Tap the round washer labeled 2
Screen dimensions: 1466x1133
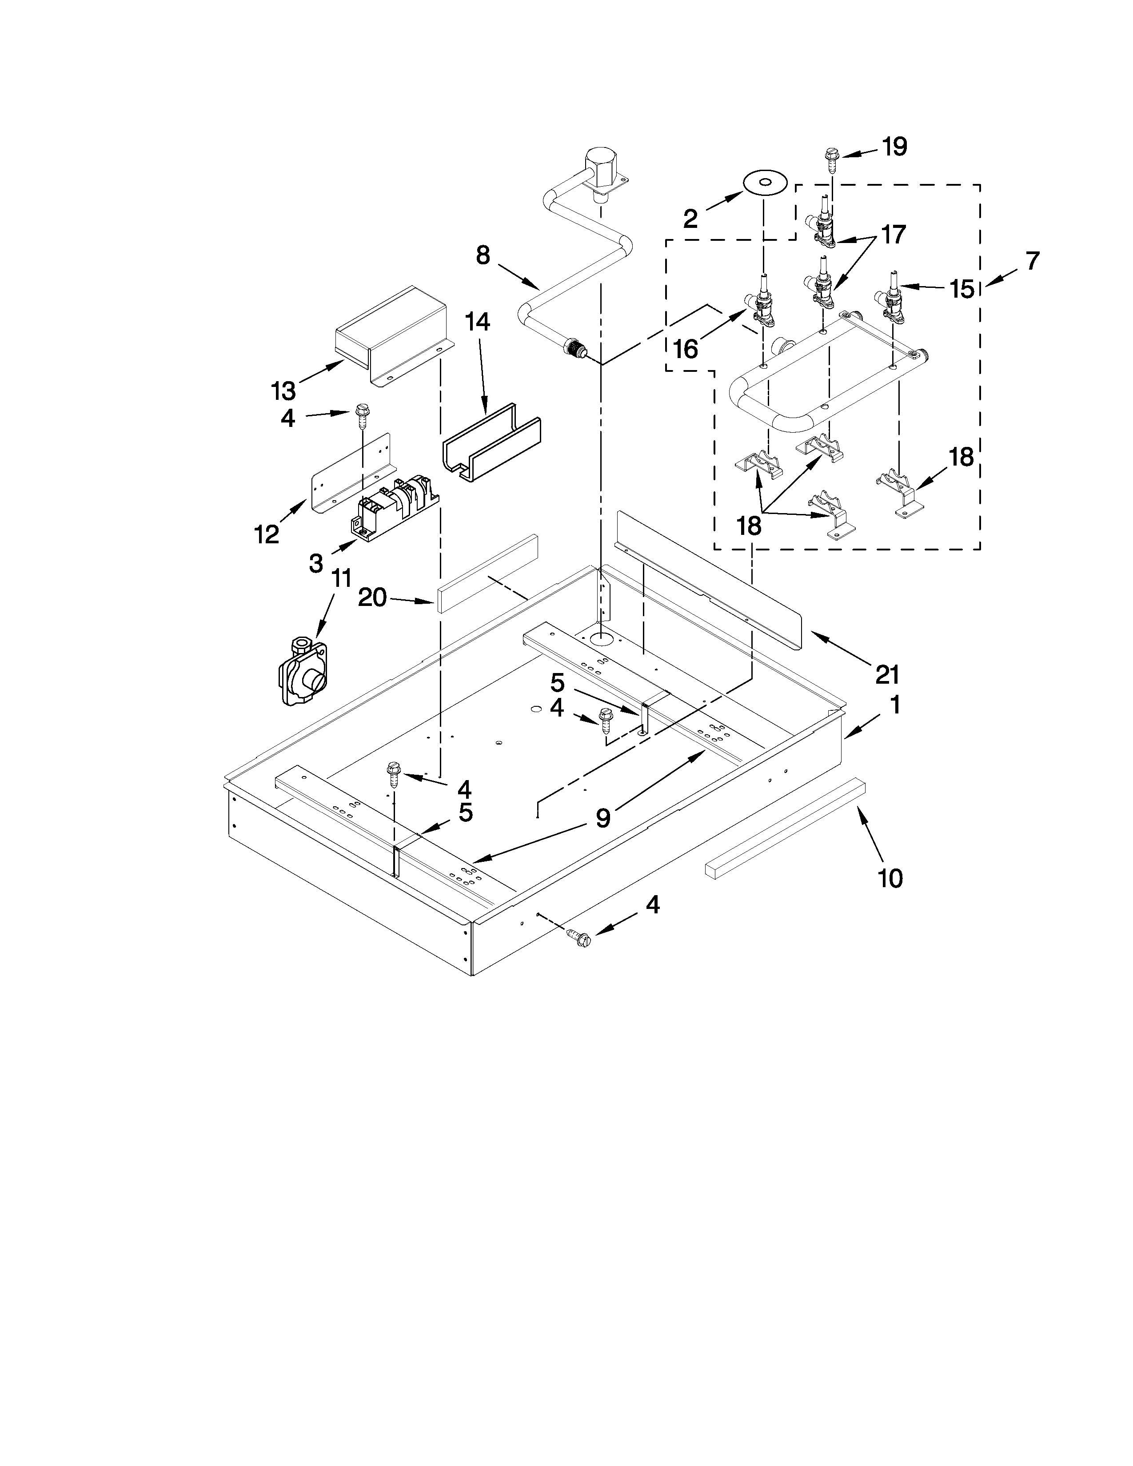coord(765,183)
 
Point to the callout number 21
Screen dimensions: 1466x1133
coord(887,673)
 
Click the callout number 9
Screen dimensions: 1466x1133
coord(603,817)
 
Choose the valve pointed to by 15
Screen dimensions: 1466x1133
coord(894,298)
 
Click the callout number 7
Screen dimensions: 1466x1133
coord(1032,260)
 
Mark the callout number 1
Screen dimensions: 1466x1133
coord(895,705)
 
